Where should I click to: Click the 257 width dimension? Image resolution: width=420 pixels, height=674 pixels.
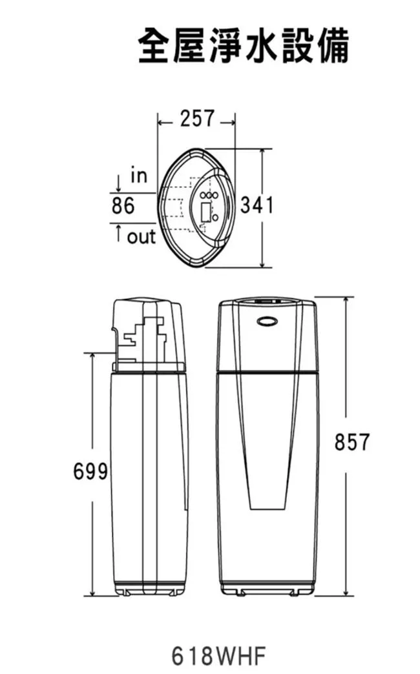click(x=196, y=118)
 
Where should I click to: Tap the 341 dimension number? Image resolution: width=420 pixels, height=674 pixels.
click(x=257, y=205)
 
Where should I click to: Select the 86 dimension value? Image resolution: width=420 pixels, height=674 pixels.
click(x=123, y=205)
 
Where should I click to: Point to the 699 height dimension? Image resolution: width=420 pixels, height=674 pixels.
click(x=90, y=471)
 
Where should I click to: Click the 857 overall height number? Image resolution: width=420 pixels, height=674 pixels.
click(x=352, y=442)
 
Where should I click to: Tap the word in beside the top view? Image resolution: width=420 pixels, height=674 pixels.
click(x=139, y=176)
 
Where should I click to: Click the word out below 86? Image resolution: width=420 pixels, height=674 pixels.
click(x=141, y=237)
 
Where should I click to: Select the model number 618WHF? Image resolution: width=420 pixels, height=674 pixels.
click(x=218, y=656)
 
